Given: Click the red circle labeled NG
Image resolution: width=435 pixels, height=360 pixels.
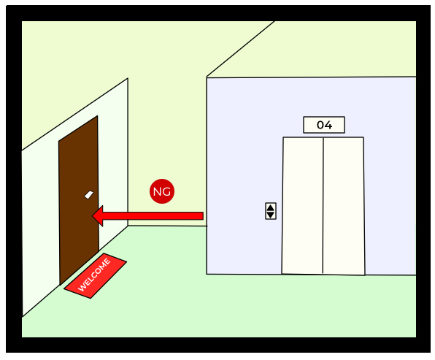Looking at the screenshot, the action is pyautogui.click(x=162, y=191).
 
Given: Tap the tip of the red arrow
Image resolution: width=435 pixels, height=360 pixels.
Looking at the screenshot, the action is pyautogui.click(x=93, y=216).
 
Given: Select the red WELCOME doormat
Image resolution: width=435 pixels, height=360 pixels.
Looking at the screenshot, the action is pyautogui.click(x=95, y=275).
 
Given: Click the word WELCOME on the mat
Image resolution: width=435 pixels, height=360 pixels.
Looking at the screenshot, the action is pyautogui.click(x=94, y=275).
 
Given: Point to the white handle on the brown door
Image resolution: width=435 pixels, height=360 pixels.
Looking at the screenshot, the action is pyautogui.click(x=89, y=194).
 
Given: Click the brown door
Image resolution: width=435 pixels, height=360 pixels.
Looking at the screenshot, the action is pyautogui.click(x=79, y=200).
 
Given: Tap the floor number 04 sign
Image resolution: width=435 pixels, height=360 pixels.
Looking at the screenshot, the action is pyautogui.click(x=324, y=125).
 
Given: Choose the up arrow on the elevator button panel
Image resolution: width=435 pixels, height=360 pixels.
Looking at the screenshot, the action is pyautogui.click(x=271, y=207).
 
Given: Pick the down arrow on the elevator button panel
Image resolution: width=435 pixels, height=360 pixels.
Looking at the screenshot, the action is pyautogui.click(x=271, y=215).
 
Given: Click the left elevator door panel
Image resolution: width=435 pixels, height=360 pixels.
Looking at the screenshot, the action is pyautogui.click(x=303, y=205).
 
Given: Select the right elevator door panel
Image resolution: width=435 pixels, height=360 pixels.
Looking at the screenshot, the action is pyautogui.click(x=344, y=206).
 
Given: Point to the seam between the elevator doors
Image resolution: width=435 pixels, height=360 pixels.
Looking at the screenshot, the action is pyautogui.click(x=323, y=205).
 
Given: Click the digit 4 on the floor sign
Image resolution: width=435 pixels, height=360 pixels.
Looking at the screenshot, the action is pyautogui.click(x=328, y=125).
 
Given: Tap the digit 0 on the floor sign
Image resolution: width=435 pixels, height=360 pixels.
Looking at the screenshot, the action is pyautogui.click(x=320, y=125).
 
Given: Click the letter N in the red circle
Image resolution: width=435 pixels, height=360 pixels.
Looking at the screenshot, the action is pyautogui.click(x=158, y=191).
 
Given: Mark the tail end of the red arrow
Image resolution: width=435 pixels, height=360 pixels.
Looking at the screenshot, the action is pyautogui.click(x=204, y=216).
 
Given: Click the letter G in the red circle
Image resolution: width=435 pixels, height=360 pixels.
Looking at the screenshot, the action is pyautogui.click(x=166, y=191).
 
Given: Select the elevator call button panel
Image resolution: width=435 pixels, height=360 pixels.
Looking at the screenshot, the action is pyautogui.click(x=271, y=211).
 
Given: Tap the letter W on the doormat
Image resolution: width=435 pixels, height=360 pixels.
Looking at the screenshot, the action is pyautogui.click(x=82, y=288).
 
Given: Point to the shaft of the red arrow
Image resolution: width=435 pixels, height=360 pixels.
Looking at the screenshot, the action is pyautogui.click(x=153, y=216).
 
